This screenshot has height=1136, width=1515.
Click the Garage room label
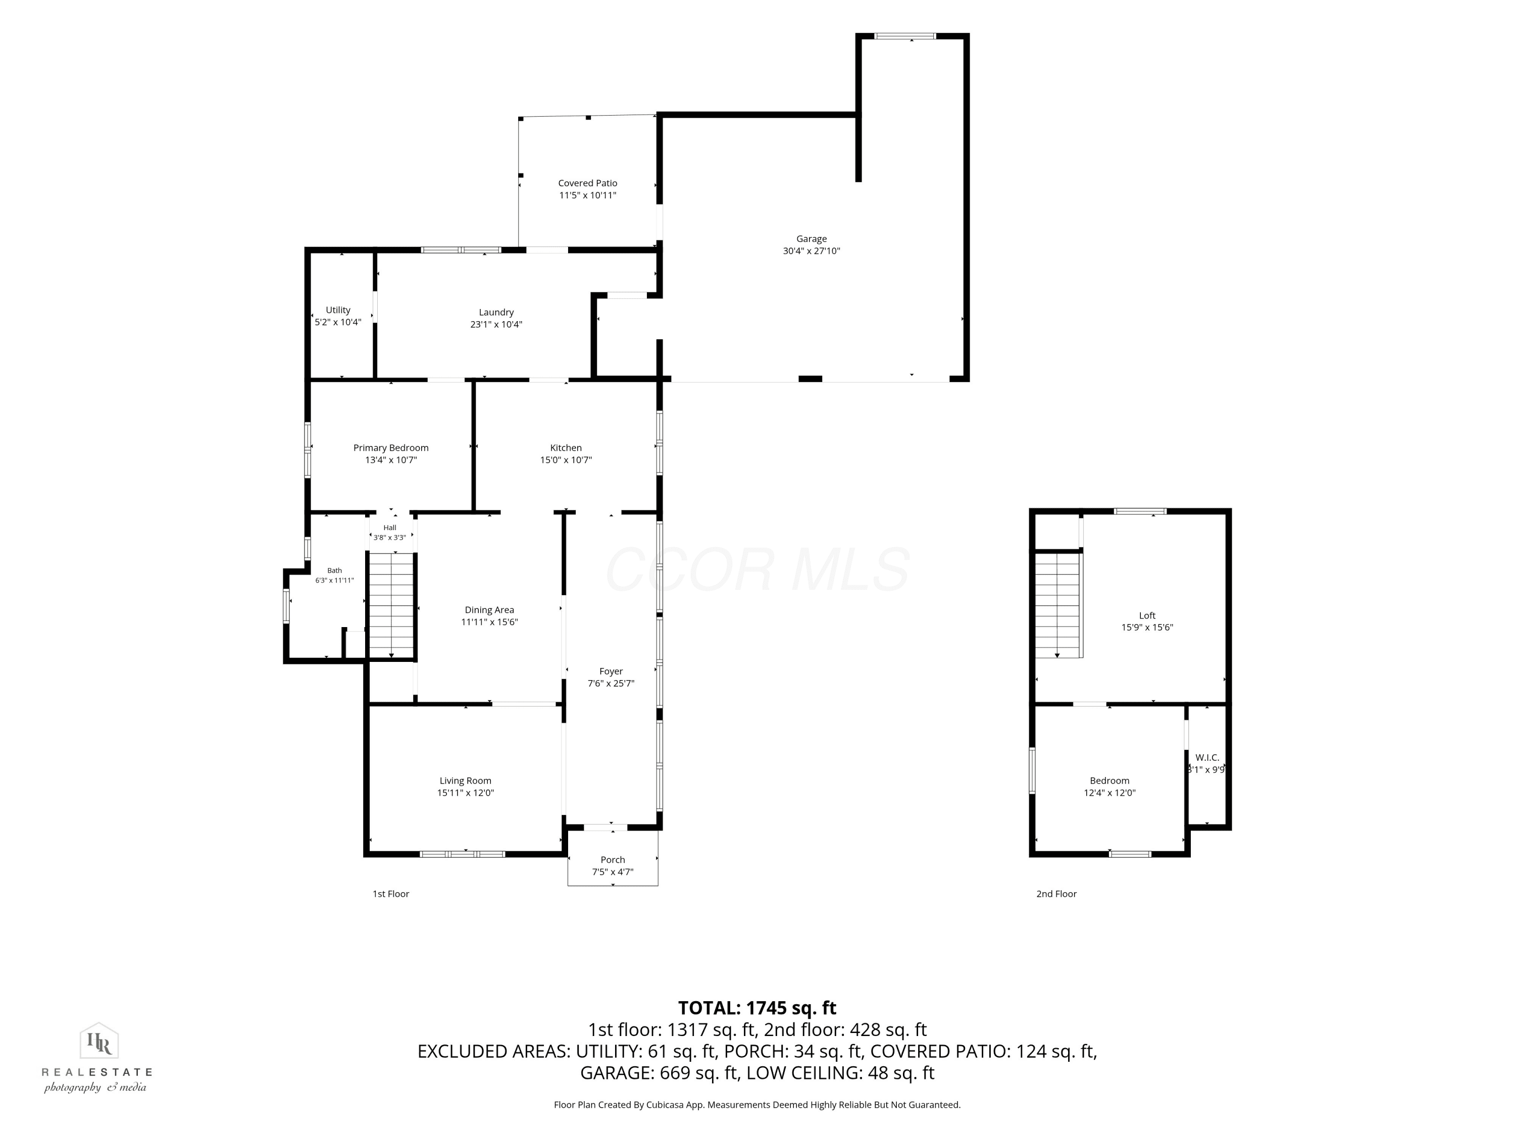pyautogui.click(x=811, y=239)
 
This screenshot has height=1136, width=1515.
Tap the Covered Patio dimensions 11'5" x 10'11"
pyautogui.click(x=588, y=195)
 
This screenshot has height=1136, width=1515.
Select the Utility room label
pyautogui.click(x=338, y=310)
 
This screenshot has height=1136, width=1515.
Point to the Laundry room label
pyautogui.click(x=496, y=312)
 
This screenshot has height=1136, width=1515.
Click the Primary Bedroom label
pyautogui.click(x=391, y=448)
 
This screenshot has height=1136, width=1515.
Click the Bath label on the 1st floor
pyautogui.click(x=334, y=571)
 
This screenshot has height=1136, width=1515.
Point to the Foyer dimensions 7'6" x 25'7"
pyautogui.click(x=611, y=684)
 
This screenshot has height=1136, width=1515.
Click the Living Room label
pyautogui.click(x=465, y=781)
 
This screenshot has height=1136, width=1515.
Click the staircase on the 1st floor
pyautogui.click(x=391, y=606)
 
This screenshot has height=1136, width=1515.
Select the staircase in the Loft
pyautogui.click(x=1057, y=605)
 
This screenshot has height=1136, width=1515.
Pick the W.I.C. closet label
pyautogui.click(x=1207, y=757)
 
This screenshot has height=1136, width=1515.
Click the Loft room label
pyautogui.click(x=1147, y=615)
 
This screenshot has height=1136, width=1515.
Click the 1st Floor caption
pyautogui.click(x=390, y=894)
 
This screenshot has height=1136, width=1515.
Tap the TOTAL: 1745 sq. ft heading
pyautogui.click(x=757, y=1008)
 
